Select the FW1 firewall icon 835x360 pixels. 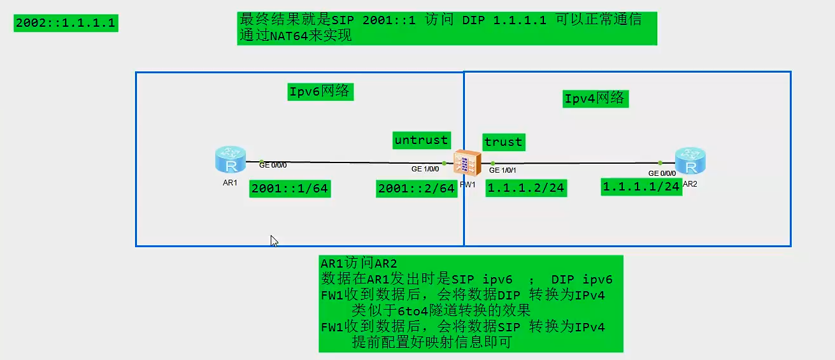pyautogui.click(x=465, y=162)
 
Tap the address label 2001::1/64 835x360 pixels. pyautogui.click(x=290, y=189)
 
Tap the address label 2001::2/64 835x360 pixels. pyautogui.click(x=417, y=189)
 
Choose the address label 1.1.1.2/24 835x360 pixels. pyautogui.click(x=525, y=188)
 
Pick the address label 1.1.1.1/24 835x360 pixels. pyautogui.click(x=641, y=187)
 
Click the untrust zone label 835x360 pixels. pyautogui.click(x=421, y=140)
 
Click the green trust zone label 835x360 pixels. pyautogui.click(x=503, y=142)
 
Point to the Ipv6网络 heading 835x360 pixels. pyautogui.click(x=320, y=92)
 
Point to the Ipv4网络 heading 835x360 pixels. pyautogui.click(x=595, y=99)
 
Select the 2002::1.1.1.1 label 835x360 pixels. pyautogui.click(x=65, y=24)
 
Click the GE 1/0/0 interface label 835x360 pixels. pyautogui.click(x=425, y=169)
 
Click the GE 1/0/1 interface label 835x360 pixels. pyautogui.click(x=503, y=170)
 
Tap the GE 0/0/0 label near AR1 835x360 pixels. pyautogui.click(x=273, y=165)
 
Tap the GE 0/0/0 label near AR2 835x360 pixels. pyautogui.click(x=662, y=173)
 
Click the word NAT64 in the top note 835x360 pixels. pyautogui.click(x=281, y=36)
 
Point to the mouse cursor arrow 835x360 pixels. pyautogui.click(x=273, y=240)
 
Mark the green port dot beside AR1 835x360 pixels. pyautogui.click(x=262, y=162)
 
